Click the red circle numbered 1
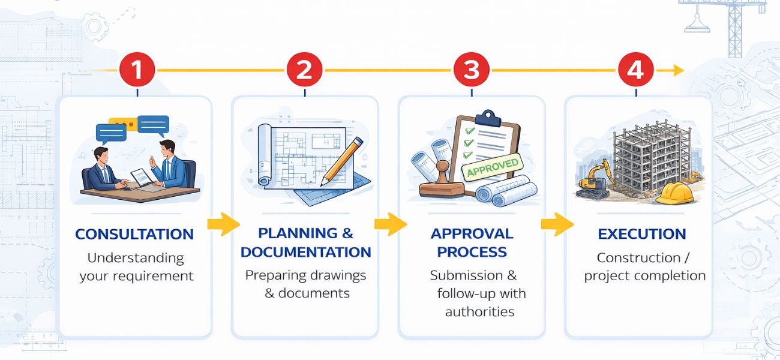(137, 70)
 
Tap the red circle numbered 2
(304, 70)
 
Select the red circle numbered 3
(472, 70)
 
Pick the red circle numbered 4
(635, 70)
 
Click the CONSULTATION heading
(134, 234)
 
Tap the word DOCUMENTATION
(306, 252)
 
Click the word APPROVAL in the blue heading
(472, 233)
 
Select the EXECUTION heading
(642, 234)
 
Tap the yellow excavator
(595, 178)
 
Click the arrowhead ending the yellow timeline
(679, 70)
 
